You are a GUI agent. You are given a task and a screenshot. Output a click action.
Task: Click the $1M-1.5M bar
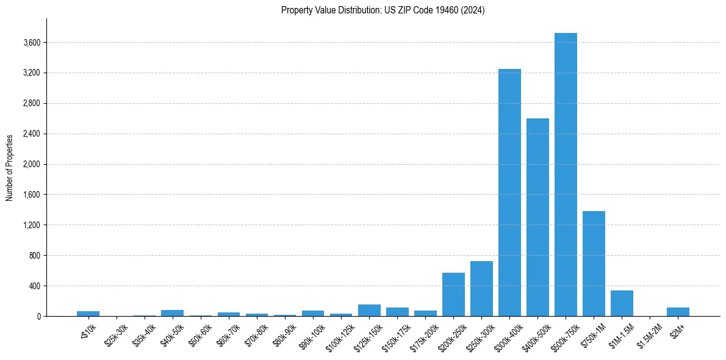coord(622,303)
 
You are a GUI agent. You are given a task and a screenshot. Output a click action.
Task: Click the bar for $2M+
coord(678,312)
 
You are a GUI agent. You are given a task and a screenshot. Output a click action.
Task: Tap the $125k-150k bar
coord(369,310)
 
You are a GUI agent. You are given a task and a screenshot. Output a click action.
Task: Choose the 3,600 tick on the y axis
coord(32,43)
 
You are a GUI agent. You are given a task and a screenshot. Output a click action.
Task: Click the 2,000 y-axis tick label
coord(32,164)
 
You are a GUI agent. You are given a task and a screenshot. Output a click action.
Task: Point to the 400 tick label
coord(34,286)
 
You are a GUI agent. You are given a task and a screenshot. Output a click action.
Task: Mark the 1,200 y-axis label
coord(32,225)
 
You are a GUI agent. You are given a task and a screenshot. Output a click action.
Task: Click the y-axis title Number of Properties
coord(9,167)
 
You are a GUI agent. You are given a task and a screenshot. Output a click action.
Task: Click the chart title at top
coord(383,10)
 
